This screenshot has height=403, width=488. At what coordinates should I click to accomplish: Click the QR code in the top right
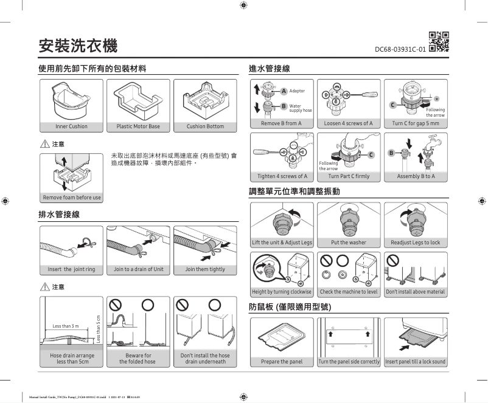[439, 41]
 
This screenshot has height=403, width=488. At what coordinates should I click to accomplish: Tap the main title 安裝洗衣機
[78, 45]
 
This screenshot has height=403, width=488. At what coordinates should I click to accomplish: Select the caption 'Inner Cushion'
[71, 126]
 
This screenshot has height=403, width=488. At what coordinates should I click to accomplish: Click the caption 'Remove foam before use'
[71, 198]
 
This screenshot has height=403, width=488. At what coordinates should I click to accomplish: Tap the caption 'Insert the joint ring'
[71, 269]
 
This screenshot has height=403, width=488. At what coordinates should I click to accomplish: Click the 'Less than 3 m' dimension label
[65, 326]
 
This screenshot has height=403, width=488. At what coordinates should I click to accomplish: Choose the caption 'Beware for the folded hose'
[138, 358]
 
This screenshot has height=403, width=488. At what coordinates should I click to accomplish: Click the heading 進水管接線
[269, 69]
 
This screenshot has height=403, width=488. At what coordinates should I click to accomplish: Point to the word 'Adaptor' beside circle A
[298, 91]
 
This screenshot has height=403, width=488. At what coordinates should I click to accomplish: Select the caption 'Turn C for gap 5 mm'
[416, 123]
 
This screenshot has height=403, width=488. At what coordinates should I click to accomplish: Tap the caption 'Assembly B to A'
[416, 176]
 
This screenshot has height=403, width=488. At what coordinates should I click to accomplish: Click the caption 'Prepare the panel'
[282, 362]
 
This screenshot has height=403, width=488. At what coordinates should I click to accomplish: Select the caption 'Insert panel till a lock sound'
[416, 362]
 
